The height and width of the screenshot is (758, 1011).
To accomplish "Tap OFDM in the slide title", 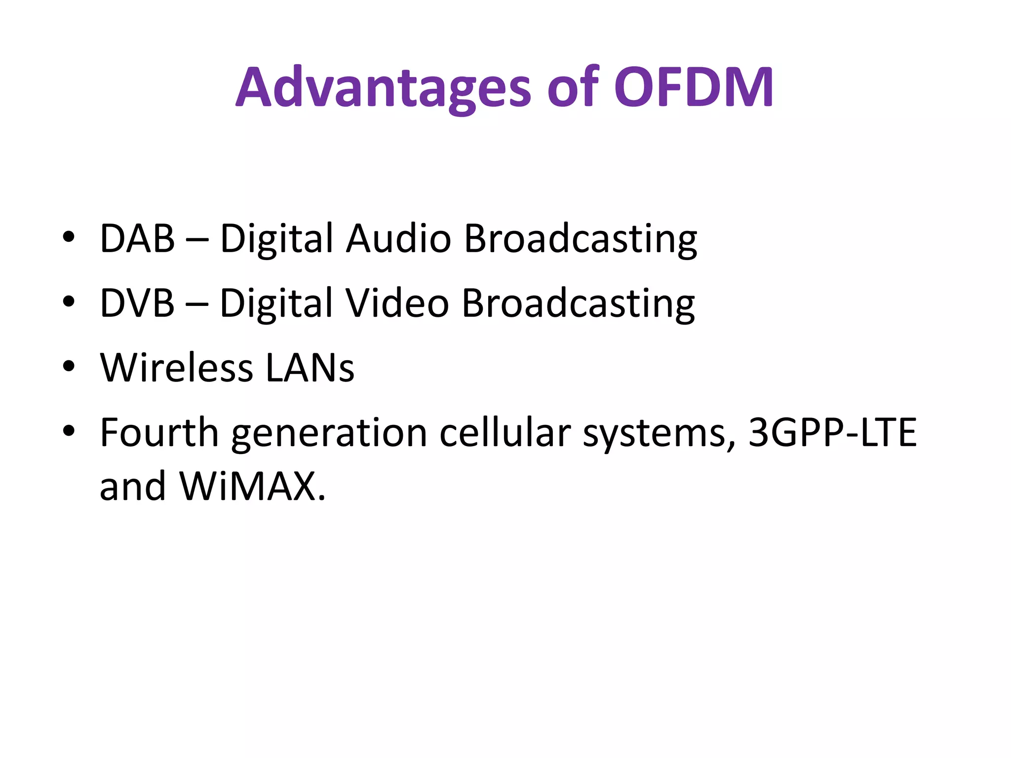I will coord(693,88).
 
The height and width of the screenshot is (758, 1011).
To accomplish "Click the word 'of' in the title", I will coord(573,88).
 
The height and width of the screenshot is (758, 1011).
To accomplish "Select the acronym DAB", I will coord(137,239).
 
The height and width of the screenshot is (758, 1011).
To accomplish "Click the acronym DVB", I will coord(137,303).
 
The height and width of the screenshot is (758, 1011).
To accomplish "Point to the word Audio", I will coord(398,239).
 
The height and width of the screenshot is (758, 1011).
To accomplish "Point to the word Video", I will coord(397,303).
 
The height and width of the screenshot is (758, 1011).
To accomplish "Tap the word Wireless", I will coord(177,368).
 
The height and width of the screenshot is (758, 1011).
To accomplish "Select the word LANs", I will coord(310,368).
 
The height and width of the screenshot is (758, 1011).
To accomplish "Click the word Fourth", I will coord(159,433).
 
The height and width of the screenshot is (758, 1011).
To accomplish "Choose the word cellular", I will coord(505,433).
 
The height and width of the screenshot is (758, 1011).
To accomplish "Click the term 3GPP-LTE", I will coord(832,433).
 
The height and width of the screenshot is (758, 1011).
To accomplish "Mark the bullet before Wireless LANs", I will coord(69,366).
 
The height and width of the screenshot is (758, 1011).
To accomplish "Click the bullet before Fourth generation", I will coord(69,431).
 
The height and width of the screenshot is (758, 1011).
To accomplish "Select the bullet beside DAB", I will coord(69,237).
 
